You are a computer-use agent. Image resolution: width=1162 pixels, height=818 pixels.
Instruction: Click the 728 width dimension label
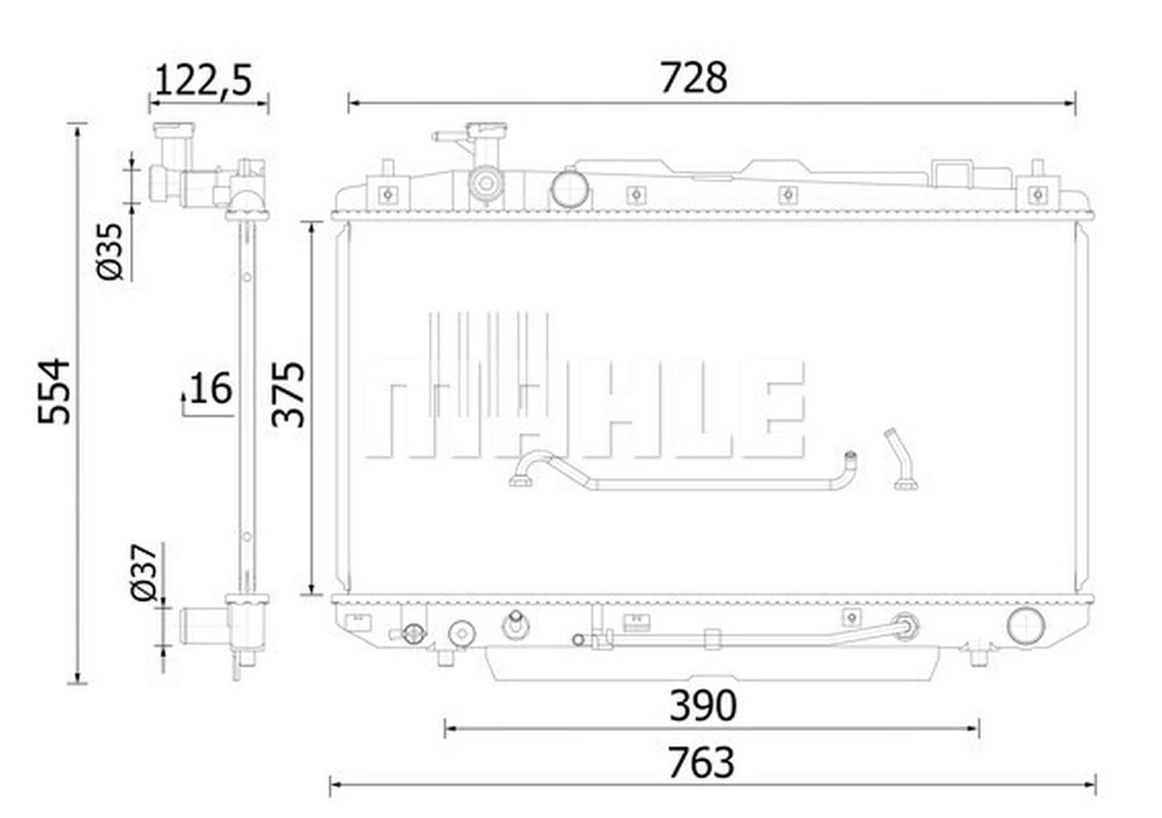pos(694,78)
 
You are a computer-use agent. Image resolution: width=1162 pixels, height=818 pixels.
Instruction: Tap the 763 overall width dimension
pos(701,762)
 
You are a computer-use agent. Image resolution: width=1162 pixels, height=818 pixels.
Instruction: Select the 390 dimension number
pos(703,705)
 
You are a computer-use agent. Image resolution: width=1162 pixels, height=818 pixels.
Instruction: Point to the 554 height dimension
pos(54,391)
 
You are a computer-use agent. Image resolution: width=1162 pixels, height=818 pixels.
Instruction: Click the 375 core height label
pos(289,395)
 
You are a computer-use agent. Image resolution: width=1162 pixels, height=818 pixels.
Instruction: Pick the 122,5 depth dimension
pos(203,80)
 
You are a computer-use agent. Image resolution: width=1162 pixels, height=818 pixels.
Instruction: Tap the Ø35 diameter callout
pos(110,251)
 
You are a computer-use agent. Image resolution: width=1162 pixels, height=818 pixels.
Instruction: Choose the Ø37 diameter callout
pos(143,572)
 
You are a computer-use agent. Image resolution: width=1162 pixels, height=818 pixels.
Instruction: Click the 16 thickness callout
pos(211,388)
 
